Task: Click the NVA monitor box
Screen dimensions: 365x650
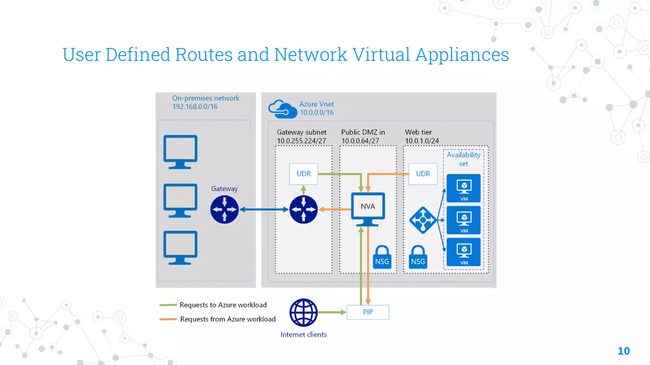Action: (368, 207)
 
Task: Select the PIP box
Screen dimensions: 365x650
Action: (368, 312)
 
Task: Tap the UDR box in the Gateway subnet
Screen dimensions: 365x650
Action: (303, 174)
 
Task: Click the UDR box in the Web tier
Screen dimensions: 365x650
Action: (423, 174)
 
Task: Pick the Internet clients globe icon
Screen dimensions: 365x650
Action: (303, 312)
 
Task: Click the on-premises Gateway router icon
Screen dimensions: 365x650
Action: (224, 209)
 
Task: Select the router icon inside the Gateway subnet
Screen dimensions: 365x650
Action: (303, 209)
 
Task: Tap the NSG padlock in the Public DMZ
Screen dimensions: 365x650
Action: (382, 257)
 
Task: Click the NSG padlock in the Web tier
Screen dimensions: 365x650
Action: (418, 257)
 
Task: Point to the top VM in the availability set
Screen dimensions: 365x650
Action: (464, 188)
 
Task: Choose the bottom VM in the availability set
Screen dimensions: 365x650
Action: (464, 252)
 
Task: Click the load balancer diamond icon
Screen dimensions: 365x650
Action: (423, 220)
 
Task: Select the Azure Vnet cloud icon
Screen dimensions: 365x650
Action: (282, 109)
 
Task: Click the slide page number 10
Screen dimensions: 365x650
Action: (623, 351)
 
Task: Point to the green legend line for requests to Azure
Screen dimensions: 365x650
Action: (168, 305)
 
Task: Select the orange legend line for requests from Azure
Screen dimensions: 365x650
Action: (168, 319)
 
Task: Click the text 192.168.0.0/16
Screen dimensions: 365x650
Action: (195, 107)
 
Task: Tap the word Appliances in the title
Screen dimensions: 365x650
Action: (462, 55)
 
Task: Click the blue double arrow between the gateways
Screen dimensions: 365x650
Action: (264, 209)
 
